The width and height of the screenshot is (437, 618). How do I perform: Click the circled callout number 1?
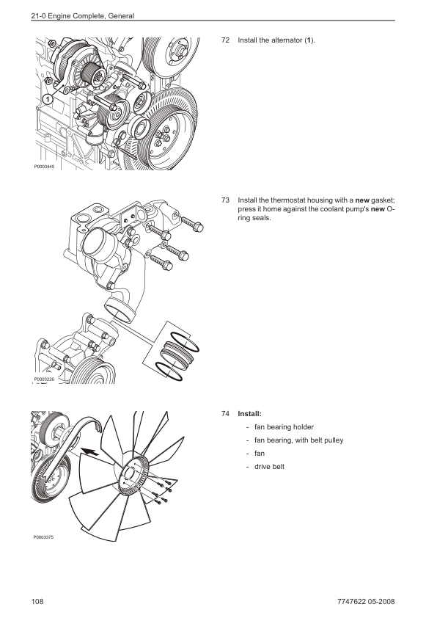click(x=47, y=99)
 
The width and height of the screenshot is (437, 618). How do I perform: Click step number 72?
click(x=225, y=40)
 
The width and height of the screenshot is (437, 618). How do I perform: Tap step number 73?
click(x=225, y=200)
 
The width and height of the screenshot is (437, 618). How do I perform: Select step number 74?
click(x=225, y=414)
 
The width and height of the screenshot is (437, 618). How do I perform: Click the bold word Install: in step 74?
click(x=249, y=414)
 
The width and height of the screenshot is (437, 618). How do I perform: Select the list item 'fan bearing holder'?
click(x=284, y=427)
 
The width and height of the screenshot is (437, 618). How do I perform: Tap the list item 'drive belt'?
click(x=269, y=467)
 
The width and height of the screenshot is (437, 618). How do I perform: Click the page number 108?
click(x=37, y=601)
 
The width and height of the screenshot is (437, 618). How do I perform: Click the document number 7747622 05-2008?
click(x=366, y=601)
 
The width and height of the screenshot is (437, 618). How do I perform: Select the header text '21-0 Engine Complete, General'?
click(x=83, y=16)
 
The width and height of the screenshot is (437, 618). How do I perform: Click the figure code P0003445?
click(x=44, y=167)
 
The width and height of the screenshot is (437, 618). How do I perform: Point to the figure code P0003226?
click(x=44, y=379)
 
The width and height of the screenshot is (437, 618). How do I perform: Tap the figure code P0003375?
click(x=44, y=537)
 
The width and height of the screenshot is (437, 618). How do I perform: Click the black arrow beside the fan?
click(x=89, y=451)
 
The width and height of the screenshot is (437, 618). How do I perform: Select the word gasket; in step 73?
click(x=383, y=200)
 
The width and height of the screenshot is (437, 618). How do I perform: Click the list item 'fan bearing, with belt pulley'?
click(x=299, y=440)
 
